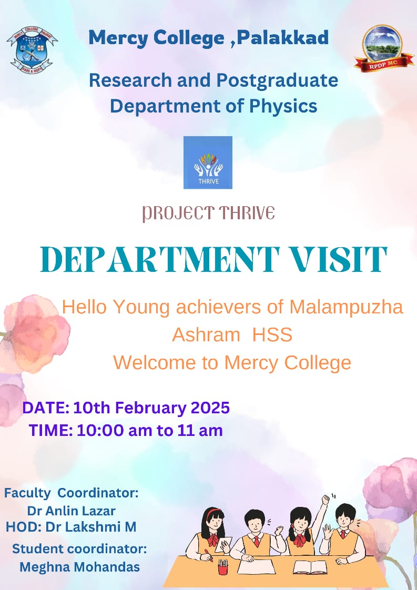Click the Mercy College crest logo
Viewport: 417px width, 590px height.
[x=33, y=49]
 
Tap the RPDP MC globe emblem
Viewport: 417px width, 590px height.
[x=383, y=48]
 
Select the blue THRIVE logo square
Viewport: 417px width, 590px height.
[x=208, y=162]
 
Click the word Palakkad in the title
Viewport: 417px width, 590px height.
[x=282, y=38]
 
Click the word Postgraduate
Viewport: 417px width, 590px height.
[x=277, y=81]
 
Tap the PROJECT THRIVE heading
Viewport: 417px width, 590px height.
[x=208, y=213]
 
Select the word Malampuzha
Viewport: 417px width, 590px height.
[x=346, y=307]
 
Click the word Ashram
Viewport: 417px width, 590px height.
[x=206, y=334]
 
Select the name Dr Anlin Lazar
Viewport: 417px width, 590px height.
[x=71, y=511]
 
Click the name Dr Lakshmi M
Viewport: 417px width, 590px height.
[x=90, y=527]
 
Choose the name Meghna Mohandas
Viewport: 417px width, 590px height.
[x=80, y=567]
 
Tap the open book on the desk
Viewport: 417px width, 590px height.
[x=310, y=567]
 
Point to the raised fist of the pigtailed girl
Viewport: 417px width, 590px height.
[x=326, y=499]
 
